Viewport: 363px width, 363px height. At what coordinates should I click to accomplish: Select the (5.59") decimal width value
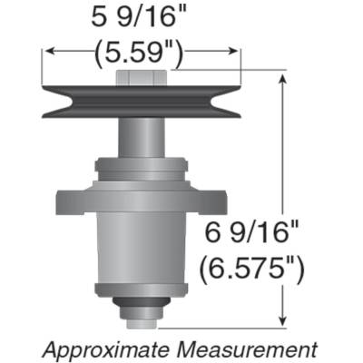[x=141, y=55]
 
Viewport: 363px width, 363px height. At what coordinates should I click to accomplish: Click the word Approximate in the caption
[x=104, y=348]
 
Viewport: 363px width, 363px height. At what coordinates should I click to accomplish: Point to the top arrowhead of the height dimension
[x=287, y=80]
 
